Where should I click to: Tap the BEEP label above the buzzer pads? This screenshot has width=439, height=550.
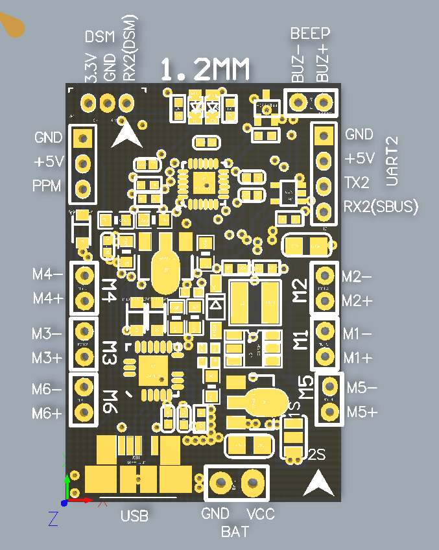(x=310, y=33)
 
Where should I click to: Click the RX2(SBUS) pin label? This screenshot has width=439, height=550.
(x=381, y=207)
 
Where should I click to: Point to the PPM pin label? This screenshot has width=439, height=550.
(x=47, y=186)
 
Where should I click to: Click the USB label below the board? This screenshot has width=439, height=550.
(x=134, y=516)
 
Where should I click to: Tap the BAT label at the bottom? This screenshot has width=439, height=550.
(x=235, y=532)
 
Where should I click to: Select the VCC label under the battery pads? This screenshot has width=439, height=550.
(x=261, y=514)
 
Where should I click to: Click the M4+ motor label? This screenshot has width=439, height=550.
(x=48, y=298)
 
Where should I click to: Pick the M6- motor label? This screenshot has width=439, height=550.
(x=47, y=389)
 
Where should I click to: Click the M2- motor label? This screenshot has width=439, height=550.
(x=357, y=276)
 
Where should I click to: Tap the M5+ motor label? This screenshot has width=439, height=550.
(x=362, y=412)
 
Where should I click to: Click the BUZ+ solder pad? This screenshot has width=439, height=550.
(x=324, y=102)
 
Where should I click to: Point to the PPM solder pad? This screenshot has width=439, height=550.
(x=82, y=189)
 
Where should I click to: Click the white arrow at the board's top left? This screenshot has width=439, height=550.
(x=126, y=134)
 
